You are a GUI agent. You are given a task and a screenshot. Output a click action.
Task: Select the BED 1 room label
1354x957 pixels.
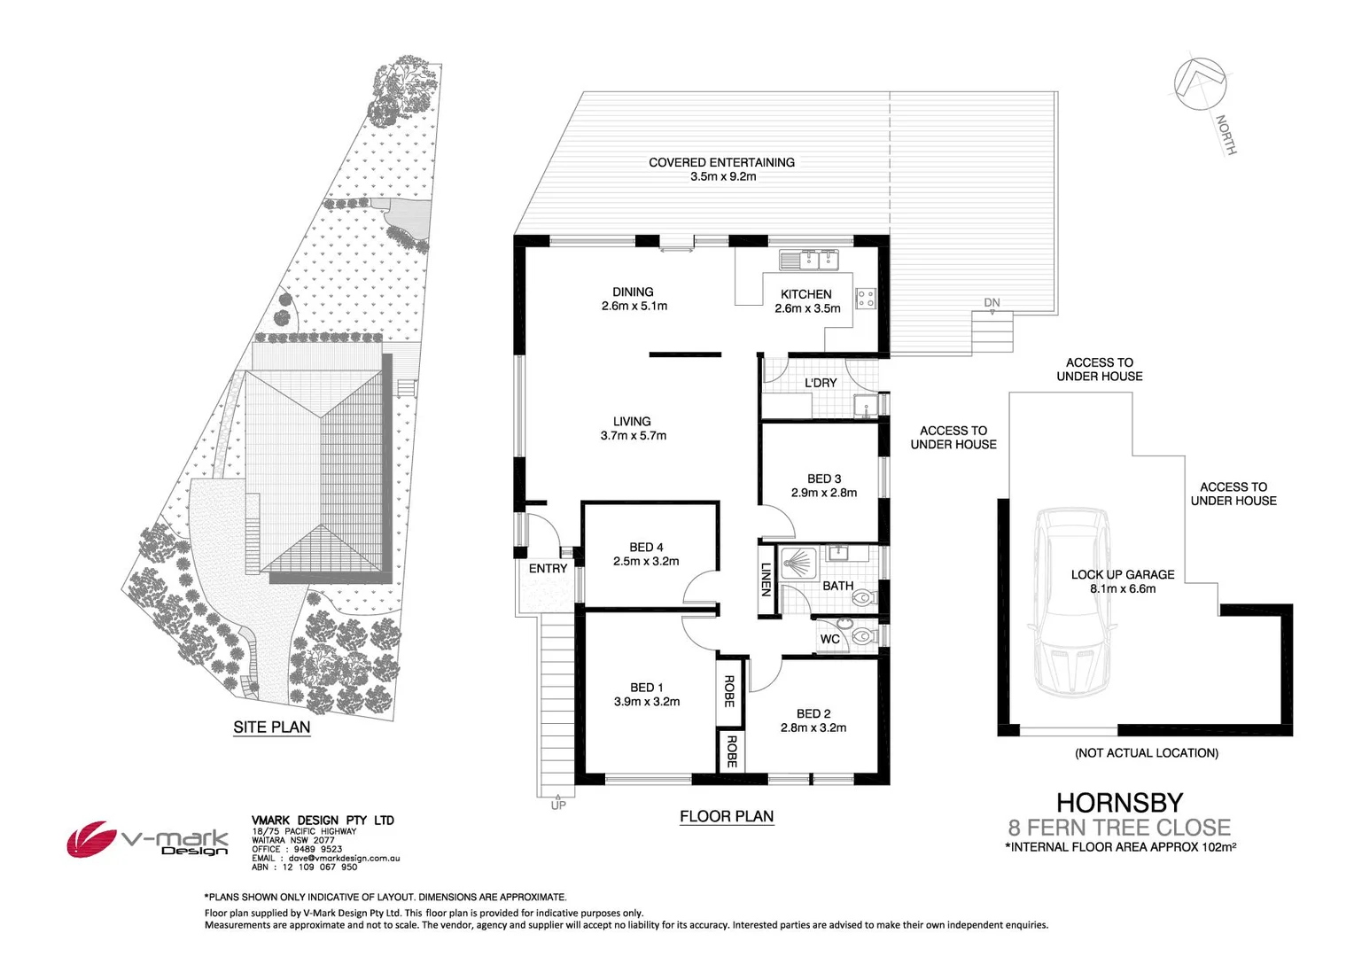tap(646, 688)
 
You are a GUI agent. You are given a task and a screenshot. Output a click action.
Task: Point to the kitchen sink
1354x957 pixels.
tap(808, 260)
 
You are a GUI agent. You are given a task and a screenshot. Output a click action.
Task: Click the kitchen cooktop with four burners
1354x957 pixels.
tap(866, 298)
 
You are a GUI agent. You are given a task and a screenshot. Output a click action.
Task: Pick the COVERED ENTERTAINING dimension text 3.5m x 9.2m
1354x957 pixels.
tap(723, 176)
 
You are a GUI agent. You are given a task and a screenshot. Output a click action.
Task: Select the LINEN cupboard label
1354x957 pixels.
tap(766, 579)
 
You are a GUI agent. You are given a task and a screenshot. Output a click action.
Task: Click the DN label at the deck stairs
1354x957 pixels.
tap(992, 303)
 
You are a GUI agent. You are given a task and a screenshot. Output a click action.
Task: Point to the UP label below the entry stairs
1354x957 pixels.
tap(558, 805)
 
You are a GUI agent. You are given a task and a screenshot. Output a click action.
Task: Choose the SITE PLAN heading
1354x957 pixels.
tap(271, 727)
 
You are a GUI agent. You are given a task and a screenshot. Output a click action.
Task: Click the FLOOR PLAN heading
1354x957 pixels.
tap(727, 817)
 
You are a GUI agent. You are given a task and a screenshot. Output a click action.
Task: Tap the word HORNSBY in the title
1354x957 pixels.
tap(1119, 803)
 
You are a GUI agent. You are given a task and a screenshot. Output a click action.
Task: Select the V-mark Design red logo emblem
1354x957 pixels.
tap(92, 838)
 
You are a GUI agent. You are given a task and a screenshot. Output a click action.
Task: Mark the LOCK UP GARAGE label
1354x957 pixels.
tap(1122, 575)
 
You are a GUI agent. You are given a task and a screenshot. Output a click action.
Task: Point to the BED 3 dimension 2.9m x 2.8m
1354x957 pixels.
tap(824, 494)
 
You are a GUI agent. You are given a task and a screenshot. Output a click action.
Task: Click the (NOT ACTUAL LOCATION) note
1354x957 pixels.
tap(1146, 753)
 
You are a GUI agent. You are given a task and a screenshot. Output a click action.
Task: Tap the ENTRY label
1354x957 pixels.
tap(548, 569)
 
